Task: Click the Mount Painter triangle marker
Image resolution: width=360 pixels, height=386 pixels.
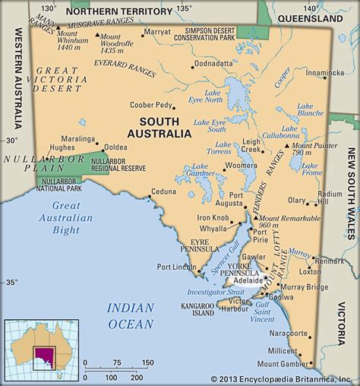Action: pyautogui.click(x=286, y=144)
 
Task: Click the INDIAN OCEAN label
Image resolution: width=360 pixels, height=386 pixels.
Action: pyautogui.click(x=132, y=314)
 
